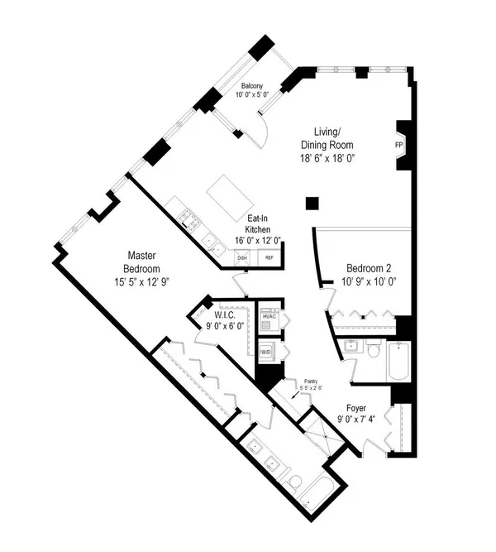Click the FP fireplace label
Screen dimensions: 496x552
tap(398, 145)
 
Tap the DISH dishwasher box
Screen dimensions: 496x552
tap(242, 257)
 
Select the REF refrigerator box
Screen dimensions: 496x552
tap(269, 257)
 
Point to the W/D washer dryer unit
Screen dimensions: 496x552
tap(267, 352)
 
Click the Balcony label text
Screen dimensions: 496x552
tap(252, 86)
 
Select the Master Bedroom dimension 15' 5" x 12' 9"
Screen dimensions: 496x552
tap(141, 282)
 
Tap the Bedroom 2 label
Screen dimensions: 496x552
tap(369, 268)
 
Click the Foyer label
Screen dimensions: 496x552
tap(356, 408)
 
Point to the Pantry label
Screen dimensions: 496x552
tap(311, 382)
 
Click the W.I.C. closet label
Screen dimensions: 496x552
tap(224, 314)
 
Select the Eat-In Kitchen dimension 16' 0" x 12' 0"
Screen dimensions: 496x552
tap(258, 241)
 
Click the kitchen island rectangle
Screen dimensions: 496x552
tap(231, 198)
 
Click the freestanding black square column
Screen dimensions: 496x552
tap(312, 204)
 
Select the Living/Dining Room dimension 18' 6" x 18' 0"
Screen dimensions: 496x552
tap(327, 158)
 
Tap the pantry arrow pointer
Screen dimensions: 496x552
tap(296, 395)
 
